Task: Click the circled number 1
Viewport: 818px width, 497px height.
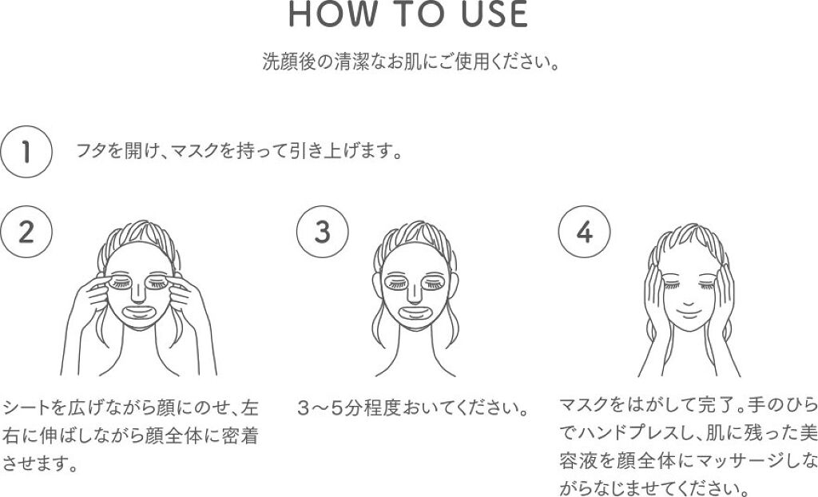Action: [26, 152]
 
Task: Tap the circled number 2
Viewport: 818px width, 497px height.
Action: [26, 232]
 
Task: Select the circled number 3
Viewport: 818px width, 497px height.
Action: [323, 232]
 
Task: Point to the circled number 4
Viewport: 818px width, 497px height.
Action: [584, 232]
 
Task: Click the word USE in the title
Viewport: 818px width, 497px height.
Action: [494, 14]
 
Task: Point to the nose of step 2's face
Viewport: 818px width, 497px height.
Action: [137, 293]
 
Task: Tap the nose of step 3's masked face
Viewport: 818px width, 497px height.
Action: [414, 293]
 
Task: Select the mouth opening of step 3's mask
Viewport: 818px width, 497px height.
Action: [415, 312]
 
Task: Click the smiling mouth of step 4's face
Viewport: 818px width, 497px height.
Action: [689, 313]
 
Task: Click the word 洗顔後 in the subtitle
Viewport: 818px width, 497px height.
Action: [289, 62]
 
